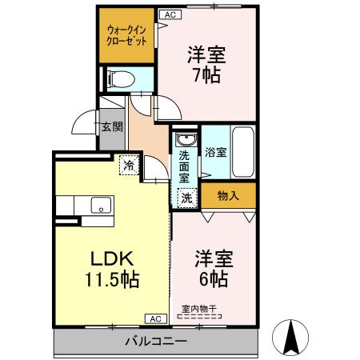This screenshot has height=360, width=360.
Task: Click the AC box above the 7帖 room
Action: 169,14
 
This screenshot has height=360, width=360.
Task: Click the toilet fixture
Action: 117,78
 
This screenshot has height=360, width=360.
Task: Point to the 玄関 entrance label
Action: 111,126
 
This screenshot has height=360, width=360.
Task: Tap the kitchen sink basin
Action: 100,205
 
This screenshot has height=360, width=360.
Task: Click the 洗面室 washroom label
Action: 184,166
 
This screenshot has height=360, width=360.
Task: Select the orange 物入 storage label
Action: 227,194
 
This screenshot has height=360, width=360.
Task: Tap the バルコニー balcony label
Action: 156,342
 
